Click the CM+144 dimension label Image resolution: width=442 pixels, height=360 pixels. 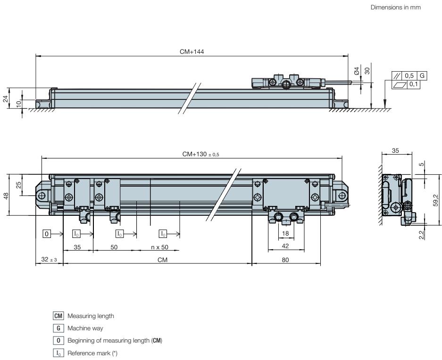pyautogui.click(x=192, y=51)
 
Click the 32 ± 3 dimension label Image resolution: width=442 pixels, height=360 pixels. pyautogui.click(x=49, y=260)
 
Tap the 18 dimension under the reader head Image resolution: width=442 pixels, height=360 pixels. pyautogui.click(x=285, y=233)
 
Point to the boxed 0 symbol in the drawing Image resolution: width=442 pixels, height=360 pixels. pyautogui.click(x=47, y=233)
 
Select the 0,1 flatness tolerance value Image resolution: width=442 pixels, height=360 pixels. pyautogui.click(x=413, y=84)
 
